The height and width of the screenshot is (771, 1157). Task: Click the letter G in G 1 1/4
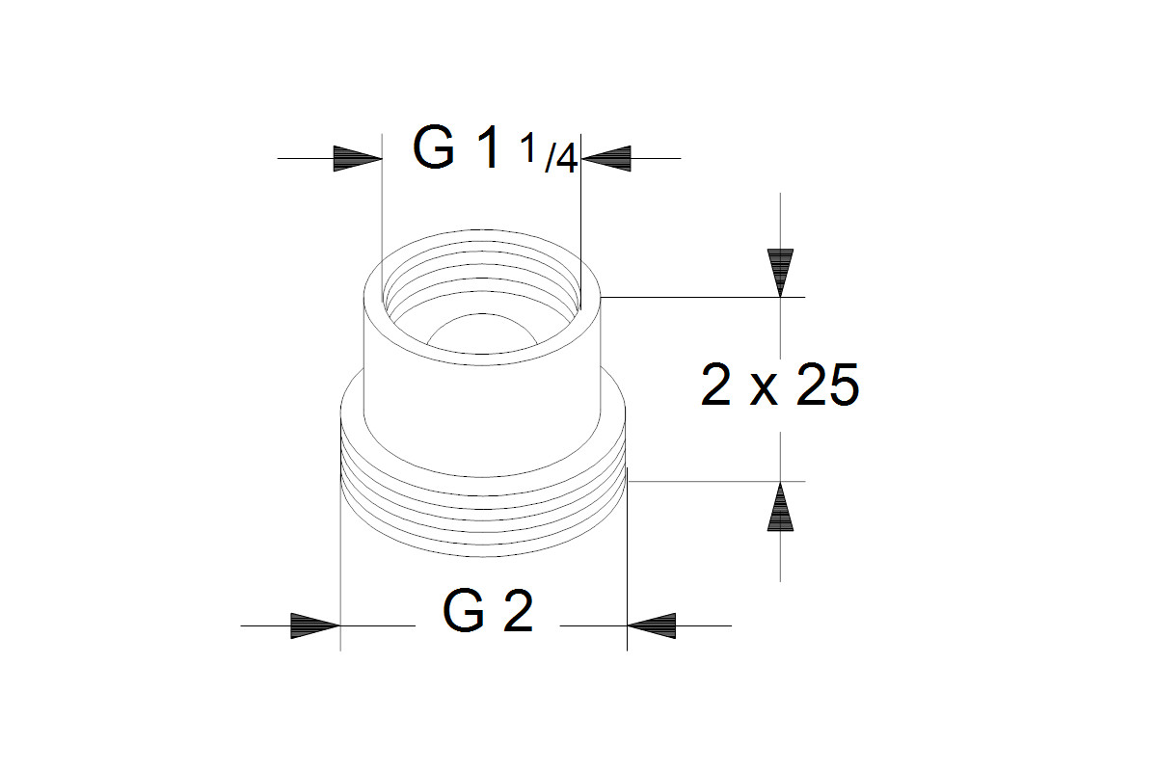pyautogui.click(x=434, y=146)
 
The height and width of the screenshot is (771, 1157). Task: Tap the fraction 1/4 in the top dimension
pyautogui.click(x=548, y=153)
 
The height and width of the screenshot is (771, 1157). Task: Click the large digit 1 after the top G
pyautogui.click(x=486, y=146)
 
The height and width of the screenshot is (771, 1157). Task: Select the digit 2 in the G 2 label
pyautogui.click(x=518, y=611)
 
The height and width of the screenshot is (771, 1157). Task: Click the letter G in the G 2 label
pyautogui.click(x=464, y=611)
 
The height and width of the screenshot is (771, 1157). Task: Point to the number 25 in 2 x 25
pyautogui.click(x=827, y=385)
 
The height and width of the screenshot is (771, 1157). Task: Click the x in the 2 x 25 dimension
pyautogui.click(x=764, y=391)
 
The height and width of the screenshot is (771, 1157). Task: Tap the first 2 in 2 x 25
pyautogui.click(x=715, y=385)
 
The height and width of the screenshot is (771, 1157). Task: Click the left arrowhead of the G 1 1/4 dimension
pyautogui.click(x=358, y=159)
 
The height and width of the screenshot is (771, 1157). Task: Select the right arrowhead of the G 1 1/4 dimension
pyautogui.click(x=605, y=159)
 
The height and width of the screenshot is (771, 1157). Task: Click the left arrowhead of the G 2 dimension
pyautogui.click(x=315, y=625)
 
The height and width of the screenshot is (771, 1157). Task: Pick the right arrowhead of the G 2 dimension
pyautogui.click(x=652, y=625)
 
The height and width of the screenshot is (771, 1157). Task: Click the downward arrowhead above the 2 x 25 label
pyautogui.click(x=780, y=273)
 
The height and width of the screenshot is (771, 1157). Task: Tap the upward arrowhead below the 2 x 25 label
pyautogui.click(x=780, y=507)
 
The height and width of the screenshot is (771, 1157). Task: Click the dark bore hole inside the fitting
pyautogui.click(x=481, y=333)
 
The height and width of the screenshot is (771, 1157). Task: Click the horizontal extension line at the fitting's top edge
pyautogui.click(x=703, y=298)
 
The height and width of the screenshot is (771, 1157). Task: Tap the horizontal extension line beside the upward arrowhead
pyautogui.click(x=715, y=481)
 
